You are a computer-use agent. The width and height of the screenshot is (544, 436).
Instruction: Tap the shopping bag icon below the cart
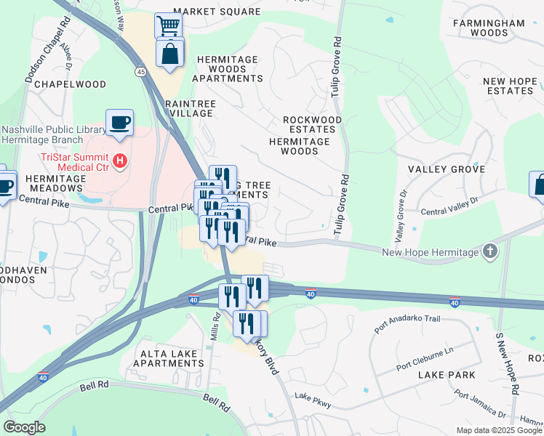[169, 54]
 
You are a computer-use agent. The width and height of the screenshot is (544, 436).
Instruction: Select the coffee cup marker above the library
[119, 121]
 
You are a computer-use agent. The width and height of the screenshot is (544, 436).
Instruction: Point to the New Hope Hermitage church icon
[490, 251]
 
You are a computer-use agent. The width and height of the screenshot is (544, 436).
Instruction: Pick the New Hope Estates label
[508, 86]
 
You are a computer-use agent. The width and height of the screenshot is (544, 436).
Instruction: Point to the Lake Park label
[447, 375]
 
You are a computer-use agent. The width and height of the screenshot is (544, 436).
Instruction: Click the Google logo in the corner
[24, 427]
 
